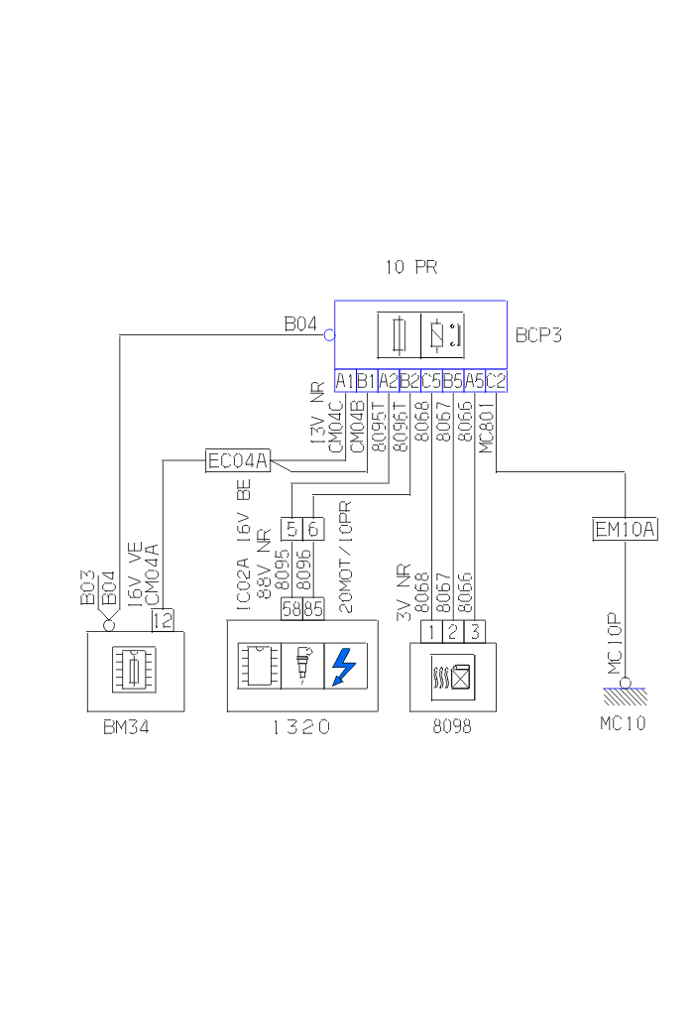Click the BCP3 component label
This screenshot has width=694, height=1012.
[538, 335]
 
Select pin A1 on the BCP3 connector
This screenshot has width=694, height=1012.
[345, 380]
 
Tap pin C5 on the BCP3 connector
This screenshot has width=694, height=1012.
[431, 380]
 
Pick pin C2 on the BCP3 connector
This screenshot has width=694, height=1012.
[497, 380]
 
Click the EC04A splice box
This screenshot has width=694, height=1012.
[238, 460]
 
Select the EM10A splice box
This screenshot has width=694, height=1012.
[625, 529]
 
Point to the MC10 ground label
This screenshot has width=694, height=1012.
[623, 723]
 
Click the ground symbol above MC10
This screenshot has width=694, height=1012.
[625, 690]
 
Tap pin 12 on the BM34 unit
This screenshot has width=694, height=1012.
[163, 620]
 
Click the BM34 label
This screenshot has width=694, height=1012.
[128, 726]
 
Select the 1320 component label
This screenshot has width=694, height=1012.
[300, 727]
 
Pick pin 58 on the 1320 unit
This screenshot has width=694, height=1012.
[291, 609]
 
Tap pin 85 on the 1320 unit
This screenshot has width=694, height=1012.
[313, 609]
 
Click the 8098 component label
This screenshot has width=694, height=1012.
[452, 726]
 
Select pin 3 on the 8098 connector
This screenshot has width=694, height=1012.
[475, 631]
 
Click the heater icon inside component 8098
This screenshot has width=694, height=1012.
[452, 680]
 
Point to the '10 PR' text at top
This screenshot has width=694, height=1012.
[410, 267]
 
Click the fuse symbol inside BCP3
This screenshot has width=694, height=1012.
[399, 335]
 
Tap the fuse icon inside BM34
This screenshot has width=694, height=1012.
[135, 667]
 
